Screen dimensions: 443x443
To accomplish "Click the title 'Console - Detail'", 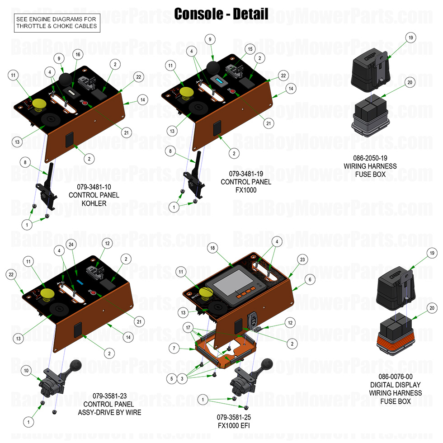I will [x=221, y=14].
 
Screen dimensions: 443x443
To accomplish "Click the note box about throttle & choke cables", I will [x=57, y=23].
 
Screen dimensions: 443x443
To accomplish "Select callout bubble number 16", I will [x=78, y=55].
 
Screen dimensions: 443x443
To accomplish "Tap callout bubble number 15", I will [x=250, y=48].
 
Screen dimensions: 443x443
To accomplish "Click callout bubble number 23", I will [x=302, y=259].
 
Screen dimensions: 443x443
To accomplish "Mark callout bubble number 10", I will [x=27, y=371].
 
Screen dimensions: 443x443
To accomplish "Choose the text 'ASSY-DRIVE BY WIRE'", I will [x=109, y=412].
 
